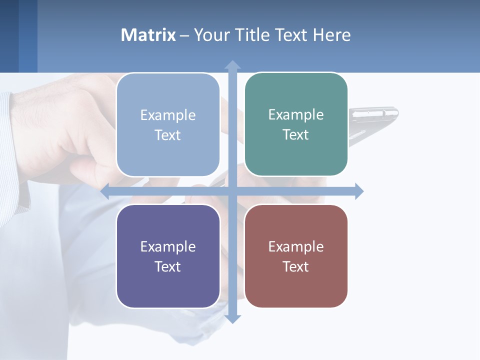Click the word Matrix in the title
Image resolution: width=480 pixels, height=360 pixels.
coord(148,35)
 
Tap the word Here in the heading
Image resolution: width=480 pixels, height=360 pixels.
coord(331,35)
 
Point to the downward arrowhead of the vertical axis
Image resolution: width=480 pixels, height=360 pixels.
coord(232,318)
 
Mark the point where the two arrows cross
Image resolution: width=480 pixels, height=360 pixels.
coord(232,191)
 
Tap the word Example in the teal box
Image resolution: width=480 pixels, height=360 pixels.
coord(296,114)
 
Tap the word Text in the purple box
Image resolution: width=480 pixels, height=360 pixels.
coord(167,266)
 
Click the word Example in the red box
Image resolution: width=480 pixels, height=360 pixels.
coord(296,246)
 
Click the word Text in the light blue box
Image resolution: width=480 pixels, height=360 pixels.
coord(167,135)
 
